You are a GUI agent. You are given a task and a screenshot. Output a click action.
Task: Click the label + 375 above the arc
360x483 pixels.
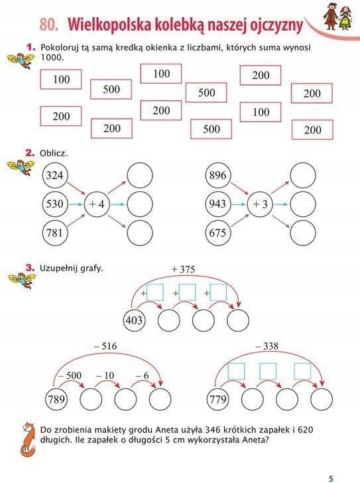coord(183,269)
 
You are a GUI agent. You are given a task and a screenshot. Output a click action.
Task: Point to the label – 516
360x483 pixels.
coord(105,346)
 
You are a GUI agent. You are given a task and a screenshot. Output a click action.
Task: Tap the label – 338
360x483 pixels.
coord(267,346)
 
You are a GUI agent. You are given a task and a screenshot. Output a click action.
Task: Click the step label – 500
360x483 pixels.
coord(70,376)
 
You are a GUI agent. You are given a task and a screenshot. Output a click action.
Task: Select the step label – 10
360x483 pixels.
coord(105,376)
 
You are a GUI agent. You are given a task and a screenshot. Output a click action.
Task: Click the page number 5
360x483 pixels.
coord(331,478)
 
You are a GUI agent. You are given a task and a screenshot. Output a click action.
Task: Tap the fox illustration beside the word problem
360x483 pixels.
coord(28,439)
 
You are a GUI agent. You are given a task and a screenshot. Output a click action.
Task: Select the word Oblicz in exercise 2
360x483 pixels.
coord(54,153)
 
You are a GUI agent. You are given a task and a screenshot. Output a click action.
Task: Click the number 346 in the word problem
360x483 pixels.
coord(213,430)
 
